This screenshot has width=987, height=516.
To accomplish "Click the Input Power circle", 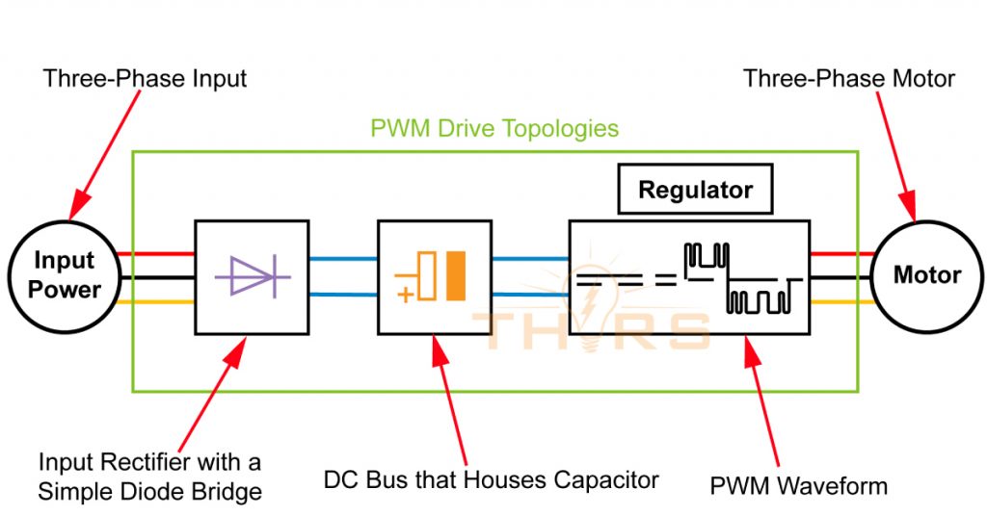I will click(x=65, y=275).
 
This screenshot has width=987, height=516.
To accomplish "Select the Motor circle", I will click(x=926, y=275).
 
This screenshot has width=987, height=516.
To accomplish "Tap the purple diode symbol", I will click(x=253, y=275).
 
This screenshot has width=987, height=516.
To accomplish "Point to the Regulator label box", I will click(x=695, y=190).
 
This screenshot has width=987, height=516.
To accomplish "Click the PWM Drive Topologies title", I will click(x=494, y=128).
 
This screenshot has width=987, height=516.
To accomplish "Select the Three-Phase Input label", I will click(x=145, y=78).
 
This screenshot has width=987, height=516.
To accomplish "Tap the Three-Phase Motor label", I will click(x=848, y=78).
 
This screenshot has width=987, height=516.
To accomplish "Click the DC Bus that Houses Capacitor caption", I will click(x=492, y=478).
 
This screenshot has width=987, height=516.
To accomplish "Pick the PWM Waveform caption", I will click(x=798, y=485).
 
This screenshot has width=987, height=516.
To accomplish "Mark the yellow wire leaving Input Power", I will click(x=160, y=300).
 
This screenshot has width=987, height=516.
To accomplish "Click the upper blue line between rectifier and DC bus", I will click(x=342, y=259).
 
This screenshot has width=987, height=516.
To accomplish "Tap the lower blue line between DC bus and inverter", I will click(x=529, y=295).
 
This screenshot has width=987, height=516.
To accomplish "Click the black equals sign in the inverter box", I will click(x=663, y=280).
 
